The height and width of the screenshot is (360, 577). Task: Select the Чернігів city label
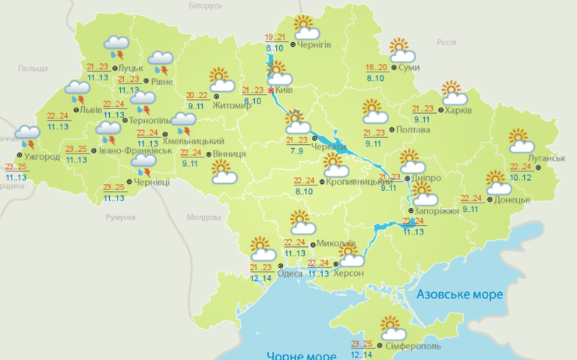[x=314, y=44]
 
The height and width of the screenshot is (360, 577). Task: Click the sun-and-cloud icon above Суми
[x=403, y=50]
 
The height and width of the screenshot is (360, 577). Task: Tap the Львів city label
[x=88, y=110]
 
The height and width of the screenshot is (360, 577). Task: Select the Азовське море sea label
[x=460, y=295]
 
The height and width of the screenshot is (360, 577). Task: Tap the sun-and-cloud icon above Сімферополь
[x=392, y=326]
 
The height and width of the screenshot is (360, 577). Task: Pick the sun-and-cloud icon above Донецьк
[x=498, y=182]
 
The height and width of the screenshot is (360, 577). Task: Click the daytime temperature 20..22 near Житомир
[x=197, y=95]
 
